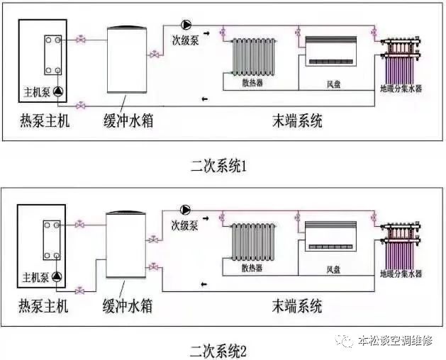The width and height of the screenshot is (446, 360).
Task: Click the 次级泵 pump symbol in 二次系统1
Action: [186, 25]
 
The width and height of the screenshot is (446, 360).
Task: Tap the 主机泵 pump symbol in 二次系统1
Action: [58, 91]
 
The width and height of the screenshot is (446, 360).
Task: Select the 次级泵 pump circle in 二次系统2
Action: [186, 210]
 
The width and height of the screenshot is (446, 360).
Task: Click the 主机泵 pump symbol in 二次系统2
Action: [57, 276]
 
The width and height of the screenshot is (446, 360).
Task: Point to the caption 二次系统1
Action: [218, 167]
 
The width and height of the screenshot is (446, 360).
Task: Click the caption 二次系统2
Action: [218, 351]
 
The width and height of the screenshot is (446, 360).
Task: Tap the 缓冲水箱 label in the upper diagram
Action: [128, 120]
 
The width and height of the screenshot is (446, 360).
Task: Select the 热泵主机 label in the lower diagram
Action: [43, 306]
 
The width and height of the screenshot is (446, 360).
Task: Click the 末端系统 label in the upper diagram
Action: [297, 120]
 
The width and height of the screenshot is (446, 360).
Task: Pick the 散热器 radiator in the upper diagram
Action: [253, 57]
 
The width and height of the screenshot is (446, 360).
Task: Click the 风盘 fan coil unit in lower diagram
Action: [330, 236]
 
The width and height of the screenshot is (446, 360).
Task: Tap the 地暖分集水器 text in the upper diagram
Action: [401, 89]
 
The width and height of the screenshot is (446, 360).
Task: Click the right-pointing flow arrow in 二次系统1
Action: [206, 33]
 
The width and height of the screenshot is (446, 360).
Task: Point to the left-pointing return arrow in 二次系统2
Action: [204, 283]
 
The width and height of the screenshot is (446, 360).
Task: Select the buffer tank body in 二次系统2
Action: [126, 244]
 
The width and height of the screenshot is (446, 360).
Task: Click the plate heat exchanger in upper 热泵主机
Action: [53, 55]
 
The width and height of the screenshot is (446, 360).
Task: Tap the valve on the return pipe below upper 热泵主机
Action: [81, 106]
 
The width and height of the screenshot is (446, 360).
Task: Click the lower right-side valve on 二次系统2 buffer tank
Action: [153, 267]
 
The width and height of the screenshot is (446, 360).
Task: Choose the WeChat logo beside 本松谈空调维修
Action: [344, 340]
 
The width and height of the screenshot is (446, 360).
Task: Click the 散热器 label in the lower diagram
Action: [252, 268]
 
